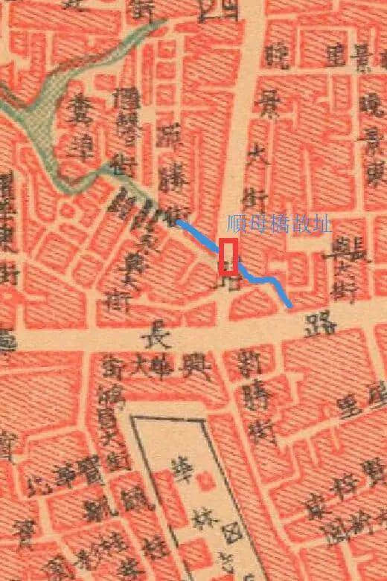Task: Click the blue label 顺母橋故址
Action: pyautogui.click(x=279, y=223)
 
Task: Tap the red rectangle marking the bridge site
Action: pyautogui.click(x=230, y=257)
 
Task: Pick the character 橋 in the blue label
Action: pyautogui.click(x=279, y=223)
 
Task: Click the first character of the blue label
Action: pyautogui.click(x=237, y=223)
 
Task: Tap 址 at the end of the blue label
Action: pyautogui.click(x=322, y=223)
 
